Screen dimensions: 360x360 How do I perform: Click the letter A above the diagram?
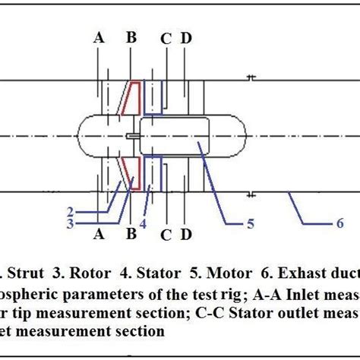(x=99, y=36)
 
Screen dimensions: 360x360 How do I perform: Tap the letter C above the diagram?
(x=165, y=36)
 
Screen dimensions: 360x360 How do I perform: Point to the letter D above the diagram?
(x=186, y=36)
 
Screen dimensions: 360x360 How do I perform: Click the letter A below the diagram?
(x=99, y=234)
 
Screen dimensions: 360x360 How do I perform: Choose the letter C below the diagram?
(x=165, y=234)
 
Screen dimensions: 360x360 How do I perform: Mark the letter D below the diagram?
(x=186, y=234)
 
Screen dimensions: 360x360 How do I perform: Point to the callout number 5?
(x=250, y=223)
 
